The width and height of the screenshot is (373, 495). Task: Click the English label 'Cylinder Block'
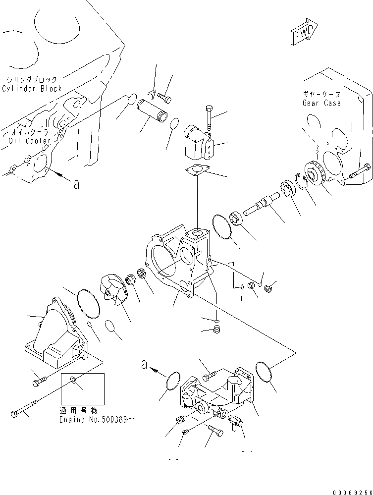point(32,88)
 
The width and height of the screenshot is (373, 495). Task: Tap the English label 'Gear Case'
point(321,103)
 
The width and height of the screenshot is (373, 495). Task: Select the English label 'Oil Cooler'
point(30,141)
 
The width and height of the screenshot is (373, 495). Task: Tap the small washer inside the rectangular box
point(73,381)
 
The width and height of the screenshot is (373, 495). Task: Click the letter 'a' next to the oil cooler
point(76,185)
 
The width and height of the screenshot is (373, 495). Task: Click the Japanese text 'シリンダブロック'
point(32,79)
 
